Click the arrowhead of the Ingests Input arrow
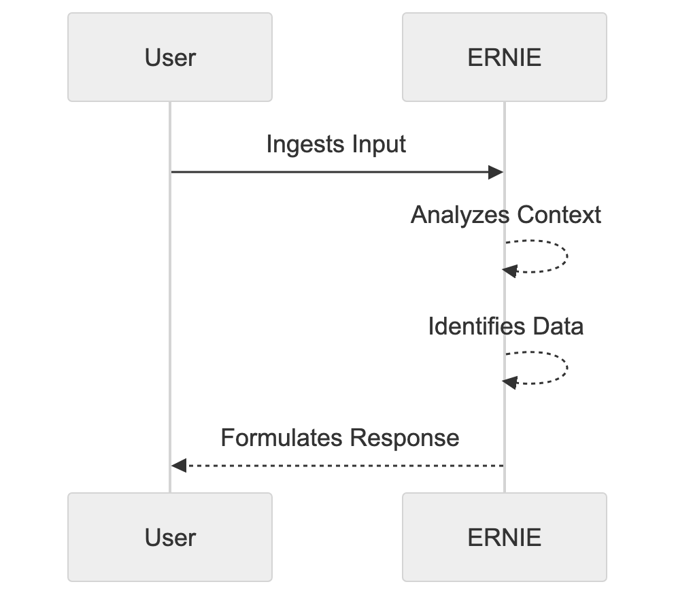(x=496, y=173)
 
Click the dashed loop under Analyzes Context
(x=567, y=256)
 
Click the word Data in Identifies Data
(x=557, y=326)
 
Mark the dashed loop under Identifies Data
(x=567, y=368)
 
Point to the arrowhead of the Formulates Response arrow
(x=178, y=466)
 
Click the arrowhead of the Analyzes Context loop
(x=510, y=271)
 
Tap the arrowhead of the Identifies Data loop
(x=510, y=382)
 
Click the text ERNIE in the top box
(x=504, y=58)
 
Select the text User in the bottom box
(x=170, y=537)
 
